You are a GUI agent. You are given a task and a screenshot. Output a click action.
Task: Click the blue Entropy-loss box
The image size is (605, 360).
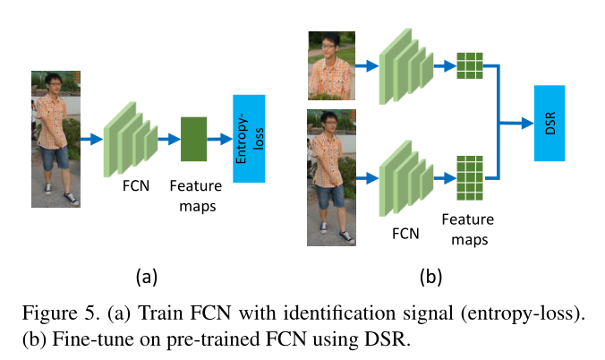(x=249, y=138)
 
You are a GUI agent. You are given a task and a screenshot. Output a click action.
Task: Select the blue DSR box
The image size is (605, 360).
(x=550, y=123)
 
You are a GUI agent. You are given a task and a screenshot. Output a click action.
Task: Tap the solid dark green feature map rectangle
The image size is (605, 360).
(x=193, y=139)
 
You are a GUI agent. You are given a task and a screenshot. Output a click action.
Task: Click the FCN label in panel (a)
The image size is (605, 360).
(x=136, y=185)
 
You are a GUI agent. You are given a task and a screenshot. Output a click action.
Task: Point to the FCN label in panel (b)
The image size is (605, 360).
(x=405, y=234)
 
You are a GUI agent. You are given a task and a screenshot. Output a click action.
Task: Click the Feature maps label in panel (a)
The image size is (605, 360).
(x=196, y=196)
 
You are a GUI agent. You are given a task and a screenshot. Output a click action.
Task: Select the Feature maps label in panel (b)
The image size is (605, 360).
(x=468, y=229)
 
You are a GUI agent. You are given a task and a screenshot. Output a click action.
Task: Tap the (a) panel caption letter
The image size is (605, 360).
(x=147, y=277)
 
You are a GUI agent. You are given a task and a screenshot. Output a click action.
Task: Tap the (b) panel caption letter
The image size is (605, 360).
(x=430, y=277)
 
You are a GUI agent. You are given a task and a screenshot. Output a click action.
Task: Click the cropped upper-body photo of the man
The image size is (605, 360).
(x=331, y=65)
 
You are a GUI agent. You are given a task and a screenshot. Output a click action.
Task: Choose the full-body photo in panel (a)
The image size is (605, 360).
(x=56, y=139)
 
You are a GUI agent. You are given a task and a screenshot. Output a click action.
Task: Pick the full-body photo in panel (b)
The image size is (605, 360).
(x=331, y=177)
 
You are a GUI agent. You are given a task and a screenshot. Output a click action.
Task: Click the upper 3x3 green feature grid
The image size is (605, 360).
(x=470, y=65)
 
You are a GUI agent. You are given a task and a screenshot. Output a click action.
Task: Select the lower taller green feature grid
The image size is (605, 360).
(x=470, y=178)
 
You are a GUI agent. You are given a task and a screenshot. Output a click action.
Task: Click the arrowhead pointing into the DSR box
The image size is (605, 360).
(x=528, y=124)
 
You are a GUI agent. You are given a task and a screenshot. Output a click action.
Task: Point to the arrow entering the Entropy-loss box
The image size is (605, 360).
(x=220, y=139)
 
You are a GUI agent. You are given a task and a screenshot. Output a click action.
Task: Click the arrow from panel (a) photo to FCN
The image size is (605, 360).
(x=92, y=139)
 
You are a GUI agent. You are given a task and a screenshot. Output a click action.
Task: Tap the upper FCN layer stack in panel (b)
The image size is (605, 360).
(x=406, y=66)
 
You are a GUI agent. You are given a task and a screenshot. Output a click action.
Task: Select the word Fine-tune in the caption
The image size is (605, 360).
(x=96, y=339)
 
